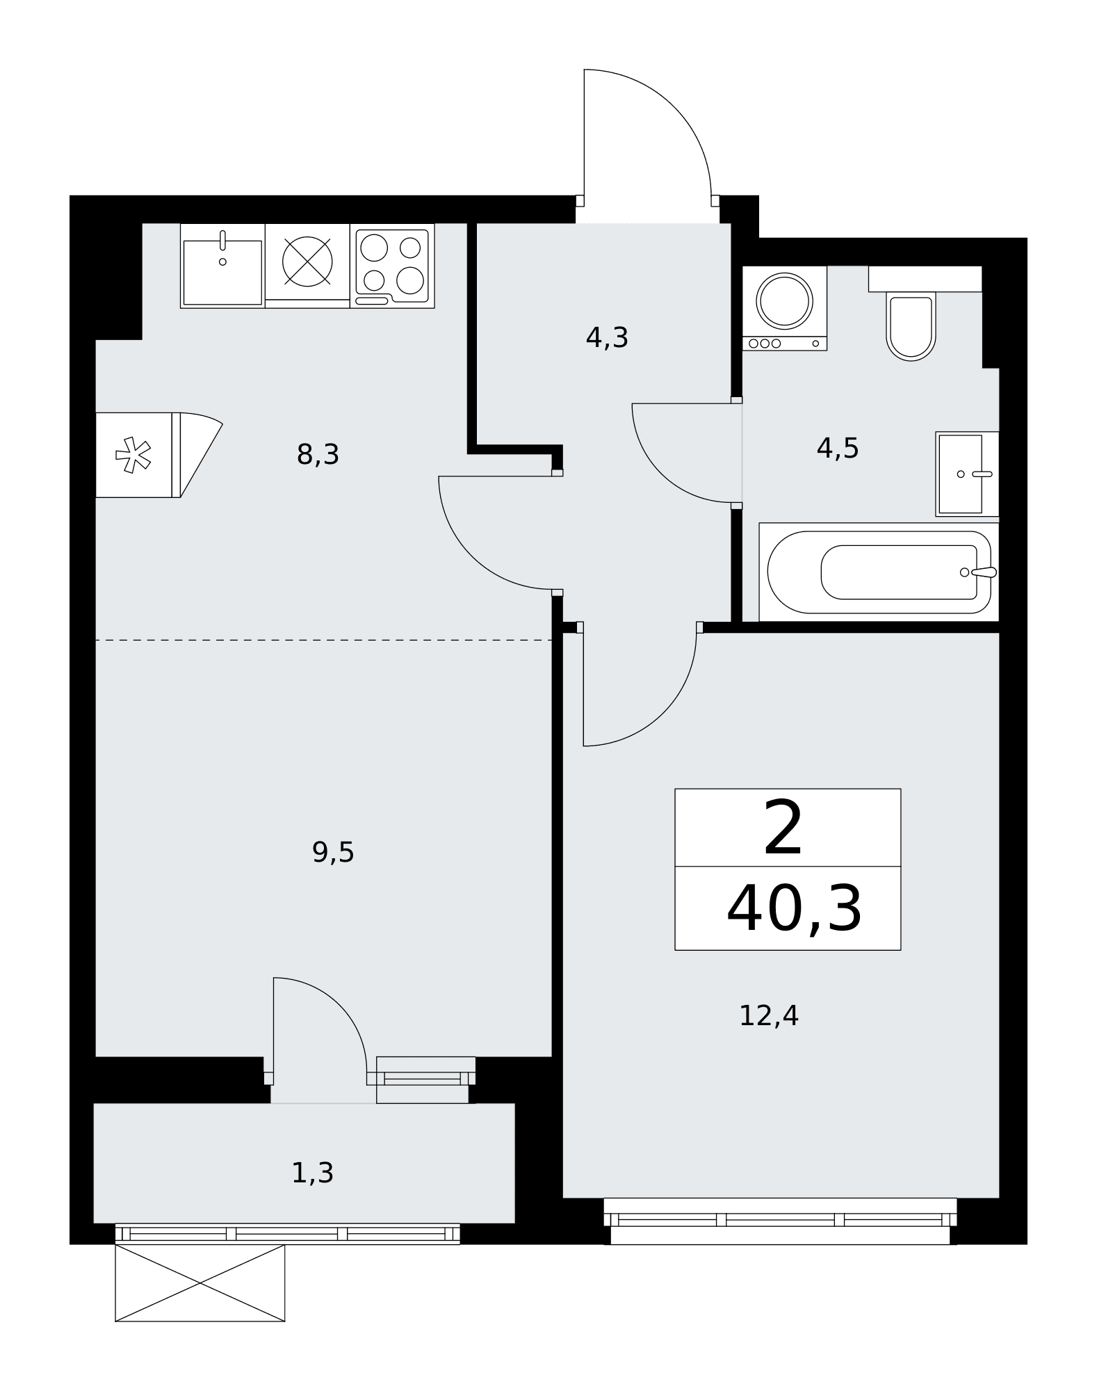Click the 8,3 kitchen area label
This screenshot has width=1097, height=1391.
(318, 456)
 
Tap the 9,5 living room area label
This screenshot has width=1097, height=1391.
(333, 852)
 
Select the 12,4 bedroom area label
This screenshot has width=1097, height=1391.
(768, 1016)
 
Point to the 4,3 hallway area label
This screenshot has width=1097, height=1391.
(607, 338)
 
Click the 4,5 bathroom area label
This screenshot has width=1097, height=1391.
(838, 449)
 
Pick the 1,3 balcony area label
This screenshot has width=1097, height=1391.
(312, 1173)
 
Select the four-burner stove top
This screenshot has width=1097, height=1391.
(392, 266)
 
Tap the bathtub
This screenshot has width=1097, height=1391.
(879, 572)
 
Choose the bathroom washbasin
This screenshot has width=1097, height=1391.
(967, 474)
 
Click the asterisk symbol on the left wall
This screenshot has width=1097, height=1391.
(133, 455)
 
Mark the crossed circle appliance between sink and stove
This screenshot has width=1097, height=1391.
(307, 262)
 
